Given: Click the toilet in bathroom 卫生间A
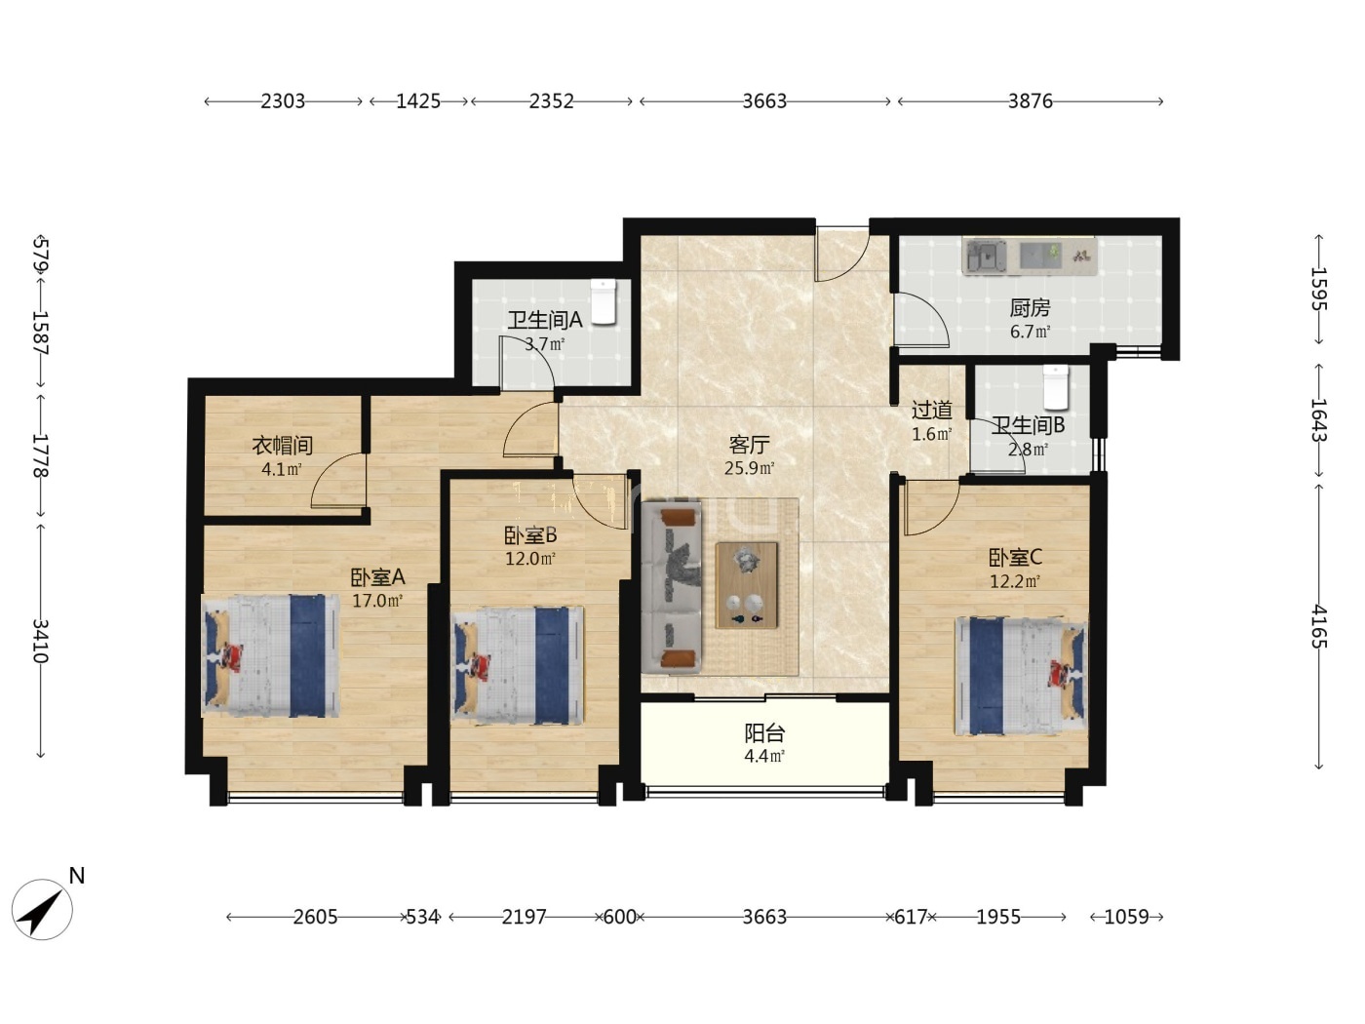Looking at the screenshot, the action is click(603, 301).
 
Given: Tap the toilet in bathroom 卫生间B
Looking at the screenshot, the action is click(1055, 387).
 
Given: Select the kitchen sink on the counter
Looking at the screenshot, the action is click(984, 256).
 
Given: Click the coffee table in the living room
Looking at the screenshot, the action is click(746, 585).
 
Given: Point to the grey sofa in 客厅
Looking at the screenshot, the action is click(672, 587).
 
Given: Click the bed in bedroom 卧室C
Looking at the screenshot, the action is click(1021, 675).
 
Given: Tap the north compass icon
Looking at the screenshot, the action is click(42, 908).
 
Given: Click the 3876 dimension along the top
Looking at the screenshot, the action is click(1030, 101).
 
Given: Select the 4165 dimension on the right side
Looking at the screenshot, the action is click(1319, 627).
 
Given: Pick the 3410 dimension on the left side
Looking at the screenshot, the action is click(40, 641).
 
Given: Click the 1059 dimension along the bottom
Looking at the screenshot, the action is click(1126, 917).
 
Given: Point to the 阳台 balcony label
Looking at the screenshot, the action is click(764, 733).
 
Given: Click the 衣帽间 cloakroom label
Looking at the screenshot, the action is click(282, 445).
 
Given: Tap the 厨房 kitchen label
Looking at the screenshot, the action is click(1030, 308).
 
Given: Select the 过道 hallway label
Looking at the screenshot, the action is click(931, 411).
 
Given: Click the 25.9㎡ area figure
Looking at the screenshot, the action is click(749, 468).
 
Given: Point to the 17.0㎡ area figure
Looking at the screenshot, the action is click(377, 601).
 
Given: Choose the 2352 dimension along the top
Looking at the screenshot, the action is click(551, 101).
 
